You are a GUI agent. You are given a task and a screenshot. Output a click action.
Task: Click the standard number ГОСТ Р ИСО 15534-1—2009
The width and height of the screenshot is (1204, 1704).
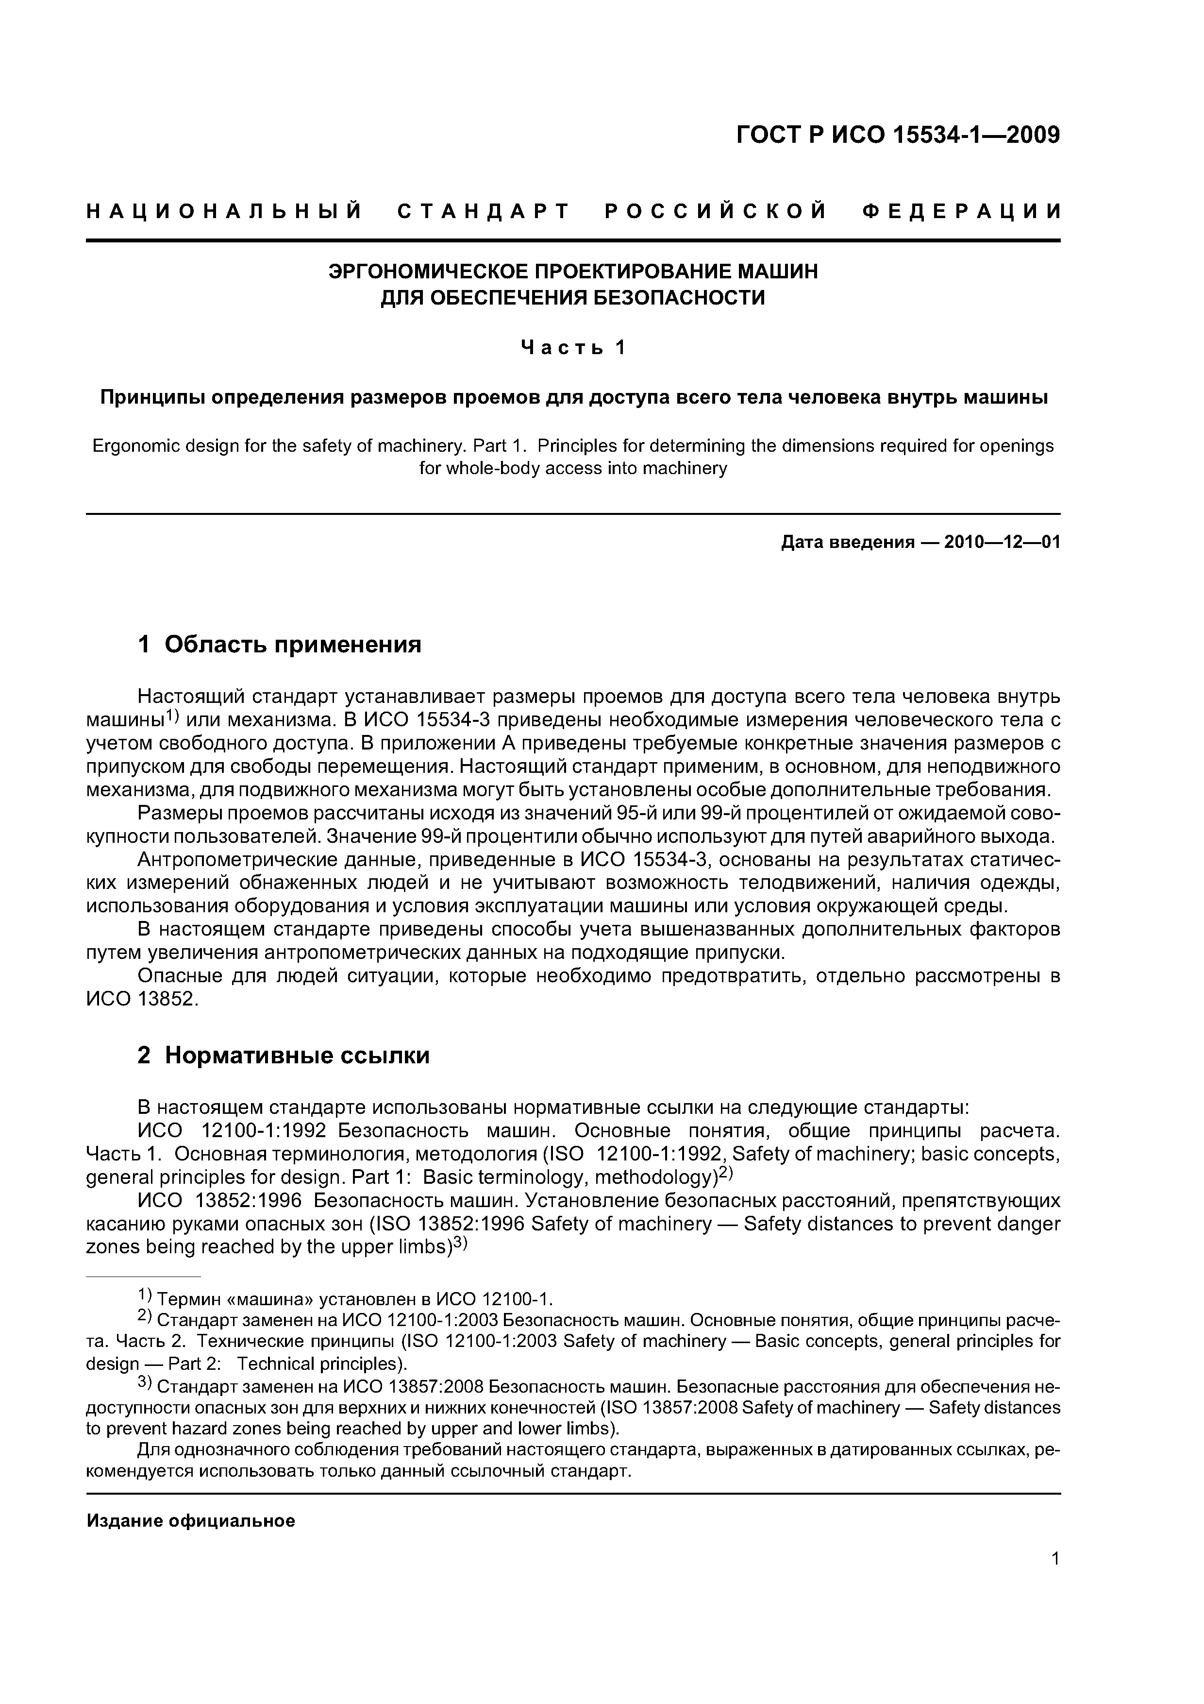pyautogui.click(x=898, y=136)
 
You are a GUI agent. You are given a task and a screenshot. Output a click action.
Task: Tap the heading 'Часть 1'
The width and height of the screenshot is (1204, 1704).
pyautogui.click(x=573, y=347)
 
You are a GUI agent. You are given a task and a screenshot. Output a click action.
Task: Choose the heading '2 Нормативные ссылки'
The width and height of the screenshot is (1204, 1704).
pyautogui.click(x=284, y=1055)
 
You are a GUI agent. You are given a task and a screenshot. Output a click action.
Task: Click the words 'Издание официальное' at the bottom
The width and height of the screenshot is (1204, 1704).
pyautogui.click(x=191, y=1521)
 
